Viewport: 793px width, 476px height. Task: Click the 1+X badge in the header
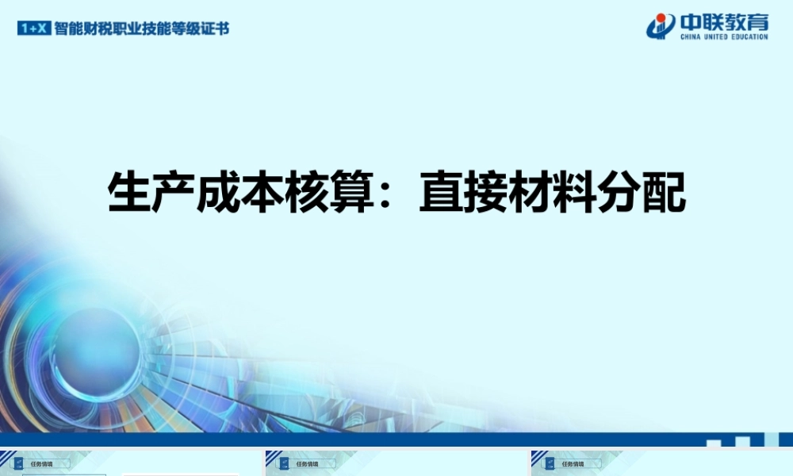(x=34, y=28)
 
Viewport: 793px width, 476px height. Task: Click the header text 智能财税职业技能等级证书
(x=142, y=28)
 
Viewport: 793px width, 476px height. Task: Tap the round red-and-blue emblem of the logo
(x=661, y=26)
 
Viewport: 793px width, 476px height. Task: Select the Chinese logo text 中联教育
(x=723, y=21)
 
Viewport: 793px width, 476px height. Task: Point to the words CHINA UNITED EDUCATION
(x=723, y=36)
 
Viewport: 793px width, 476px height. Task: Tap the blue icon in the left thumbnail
(x=18, y=464)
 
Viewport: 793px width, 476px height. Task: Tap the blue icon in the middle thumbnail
(x=283, y=464)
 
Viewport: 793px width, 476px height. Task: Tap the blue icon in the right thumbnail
(x=549, y=464)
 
